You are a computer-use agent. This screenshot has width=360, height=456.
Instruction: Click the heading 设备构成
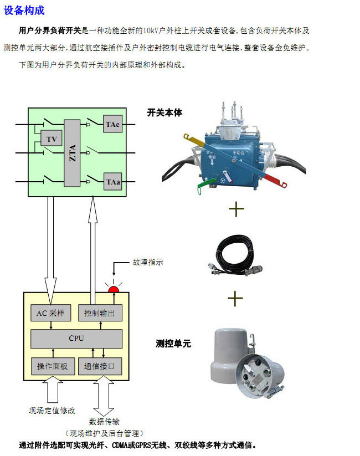click(24, 10)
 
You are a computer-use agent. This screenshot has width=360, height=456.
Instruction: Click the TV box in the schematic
click(52, 139)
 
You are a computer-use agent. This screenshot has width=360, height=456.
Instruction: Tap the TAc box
click(112, 124)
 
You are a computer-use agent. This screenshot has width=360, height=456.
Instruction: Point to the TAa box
click(112, 182)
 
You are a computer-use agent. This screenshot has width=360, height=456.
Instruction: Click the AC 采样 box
click(50, 313)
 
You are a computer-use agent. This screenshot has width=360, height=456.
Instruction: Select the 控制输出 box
click(99, 313)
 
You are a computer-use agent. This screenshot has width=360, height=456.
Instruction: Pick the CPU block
click(76, 338)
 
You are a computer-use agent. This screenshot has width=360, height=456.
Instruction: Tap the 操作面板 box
click(52, 366)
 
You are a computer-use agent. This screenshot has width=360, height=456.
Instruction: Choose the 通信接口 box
click(99, 366)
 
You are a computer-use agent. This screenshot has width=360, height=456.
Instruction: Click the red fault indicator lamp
click(114, 289)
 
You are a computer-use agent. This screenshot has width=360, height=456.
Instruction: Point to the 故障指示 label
click(148, 263)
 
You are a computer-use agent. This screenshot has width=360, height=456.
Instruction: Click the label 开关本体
click(164, 112)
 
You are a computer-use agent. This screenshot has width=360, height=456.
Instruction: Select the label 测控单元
click(173, 344)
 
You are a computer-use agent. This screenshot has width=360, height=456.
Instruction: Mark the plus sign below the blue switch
click(236, 209)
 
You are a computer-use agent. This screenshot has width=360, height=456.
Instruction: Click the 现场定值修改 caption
click(52, 411)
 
